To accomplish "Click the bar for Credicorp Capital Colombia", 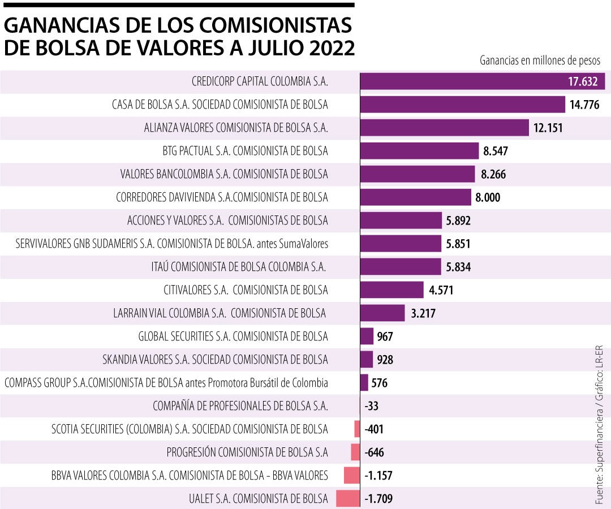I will pos(483,81).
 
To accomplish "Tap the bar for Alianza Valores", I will pos(444,128).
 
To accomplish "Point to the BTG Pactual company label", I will pos(245,151).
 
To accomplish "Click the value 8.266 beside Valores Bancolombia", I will pos(493,174).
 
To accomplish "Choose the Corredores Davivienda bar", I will pos(416,197).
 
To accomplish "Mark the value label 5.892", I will pos(458,221).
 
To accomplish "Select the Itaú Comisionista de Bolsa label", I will pos(240,266).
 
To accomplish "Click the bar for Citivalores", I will pos(392,290).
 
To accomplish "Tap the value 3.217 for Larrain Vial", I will pos(423,313).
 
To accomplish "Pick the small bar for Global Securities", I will pos(367,337).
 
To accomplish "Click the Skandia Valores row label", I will pos(215,360).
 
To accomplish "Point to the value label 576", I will pos(380,383).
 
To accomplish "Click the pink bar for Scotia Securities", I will pos(357,429).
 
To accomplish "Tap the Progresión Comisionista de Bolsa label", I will pos(247,452).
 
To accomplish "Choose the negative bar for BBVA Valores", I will pos(352,476).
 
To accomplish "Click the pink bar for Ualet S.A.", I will pos(348,499).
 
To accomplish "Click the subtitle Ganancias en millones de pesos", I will pos(540,60).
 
